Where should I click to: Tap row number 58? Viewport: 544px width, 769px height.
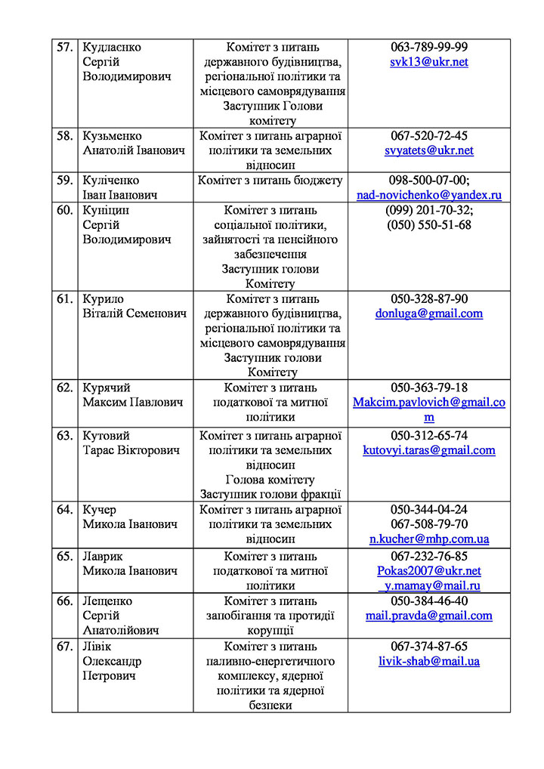[x=65, y=136]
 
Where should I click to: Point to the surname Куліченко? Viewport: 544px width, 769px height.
[x=111, y=181]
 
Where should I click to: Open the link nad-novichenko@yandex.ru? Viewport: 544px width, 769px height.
[x=429, y=195]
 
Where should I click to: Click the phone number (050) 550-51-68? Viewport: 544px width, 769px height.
[x=429, y=224]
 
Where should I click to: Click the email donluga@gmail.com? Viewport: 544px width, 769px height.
[x=429, y=313]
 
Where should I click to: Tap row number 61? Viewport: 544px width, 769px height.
[x=65, y=298]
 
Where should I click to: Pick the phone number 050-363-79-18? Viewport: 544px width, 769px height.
[x=429, y=388]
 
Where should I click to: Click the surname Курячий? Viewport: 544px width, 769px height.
[x=106, y=388]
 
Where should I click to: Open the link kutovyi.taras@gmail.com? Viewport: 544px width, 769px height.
[x=429, y=450]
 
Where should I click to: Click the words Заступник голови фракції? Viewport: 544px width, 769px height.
[x=270, y=494]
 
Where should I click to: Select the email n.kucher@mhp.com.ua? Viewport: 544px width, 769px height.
[x=429, y=539]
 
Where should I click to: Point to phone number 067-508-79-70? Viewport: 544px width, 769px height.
[x=429, y=524]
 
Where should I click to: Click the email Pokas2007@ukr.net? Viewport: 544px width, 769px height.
[x=429, y=571]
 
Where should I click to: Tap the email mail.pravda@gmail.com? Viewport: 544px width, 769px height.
[x=429, y=616]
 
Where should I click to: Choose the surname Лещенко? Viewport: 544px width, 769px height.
[x=107, y=601]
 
